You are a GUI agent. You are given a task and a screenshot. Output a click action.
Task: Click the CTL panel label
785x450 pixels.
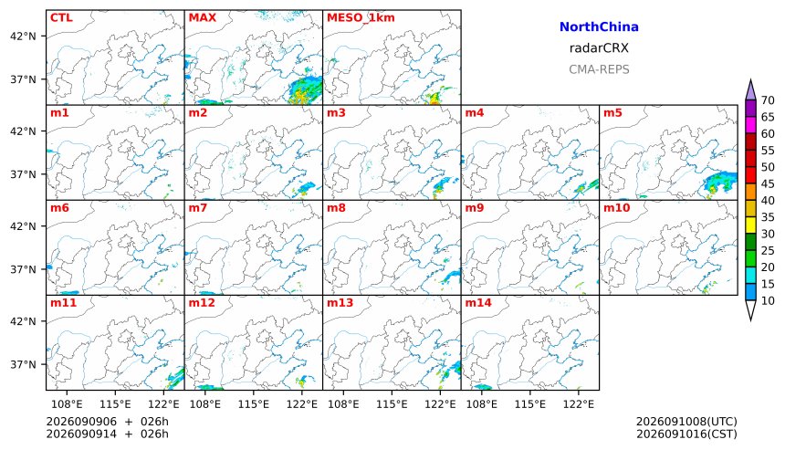coord(61,17)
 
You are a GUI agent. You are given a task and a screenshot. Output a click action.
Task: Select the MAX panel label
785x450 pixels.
coord(203,17)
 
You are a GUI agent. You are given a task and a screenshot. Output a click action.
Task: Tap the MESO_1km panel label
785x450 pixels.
coord(361,18)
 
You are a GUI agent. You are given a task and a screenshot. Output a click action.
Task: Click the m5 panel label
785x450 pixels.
coord(612,112)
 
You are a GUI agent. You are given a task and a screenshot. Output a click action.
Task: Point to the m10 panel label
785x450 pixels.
coord(616,208)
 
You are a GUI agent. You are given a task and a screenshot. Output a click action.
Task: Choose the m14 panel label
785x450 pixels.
coord(478,303)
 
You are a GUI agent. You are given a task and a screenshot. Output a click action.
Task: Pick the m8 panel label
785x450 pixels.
coord(337,208)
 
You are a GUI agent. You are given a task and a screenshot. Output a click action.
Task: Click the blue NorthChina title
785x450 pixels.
coord(599,27)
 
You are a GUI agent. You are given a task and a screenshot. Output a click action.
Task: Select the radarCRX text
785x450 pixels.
coord(599,48)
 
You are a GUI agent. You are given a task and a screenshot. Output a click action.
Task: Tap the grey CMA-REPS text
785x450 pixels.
coord(599,69)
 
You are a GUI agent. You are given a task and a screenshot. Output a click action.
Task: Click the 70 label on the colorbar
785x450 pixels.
coord(768,100)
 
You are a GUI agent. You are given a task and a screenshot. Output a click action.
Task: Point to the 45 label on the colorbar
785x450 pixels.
coord(768,183)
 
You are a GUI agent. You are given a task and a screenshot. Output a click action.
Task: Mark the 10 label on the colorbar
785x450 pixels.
coord(768,301)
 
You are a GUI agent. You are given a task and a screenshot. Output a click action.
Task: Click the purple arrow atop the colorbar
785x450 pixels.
coord(750,90)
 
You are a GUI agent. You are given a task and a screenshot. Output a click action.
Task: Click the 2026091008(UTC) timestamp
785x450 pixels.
coord(686,422)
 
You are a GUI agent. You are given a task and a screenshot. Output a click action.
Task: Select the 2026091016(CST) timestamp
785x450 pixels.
coord(686,434)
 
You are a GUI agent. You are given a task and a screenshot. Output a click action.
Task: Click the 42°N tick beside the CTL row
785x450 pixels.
coord(23,36)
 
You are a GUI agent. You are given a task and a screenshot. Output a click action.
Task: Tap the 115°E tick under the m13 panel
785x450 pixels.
coord(392,404)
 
